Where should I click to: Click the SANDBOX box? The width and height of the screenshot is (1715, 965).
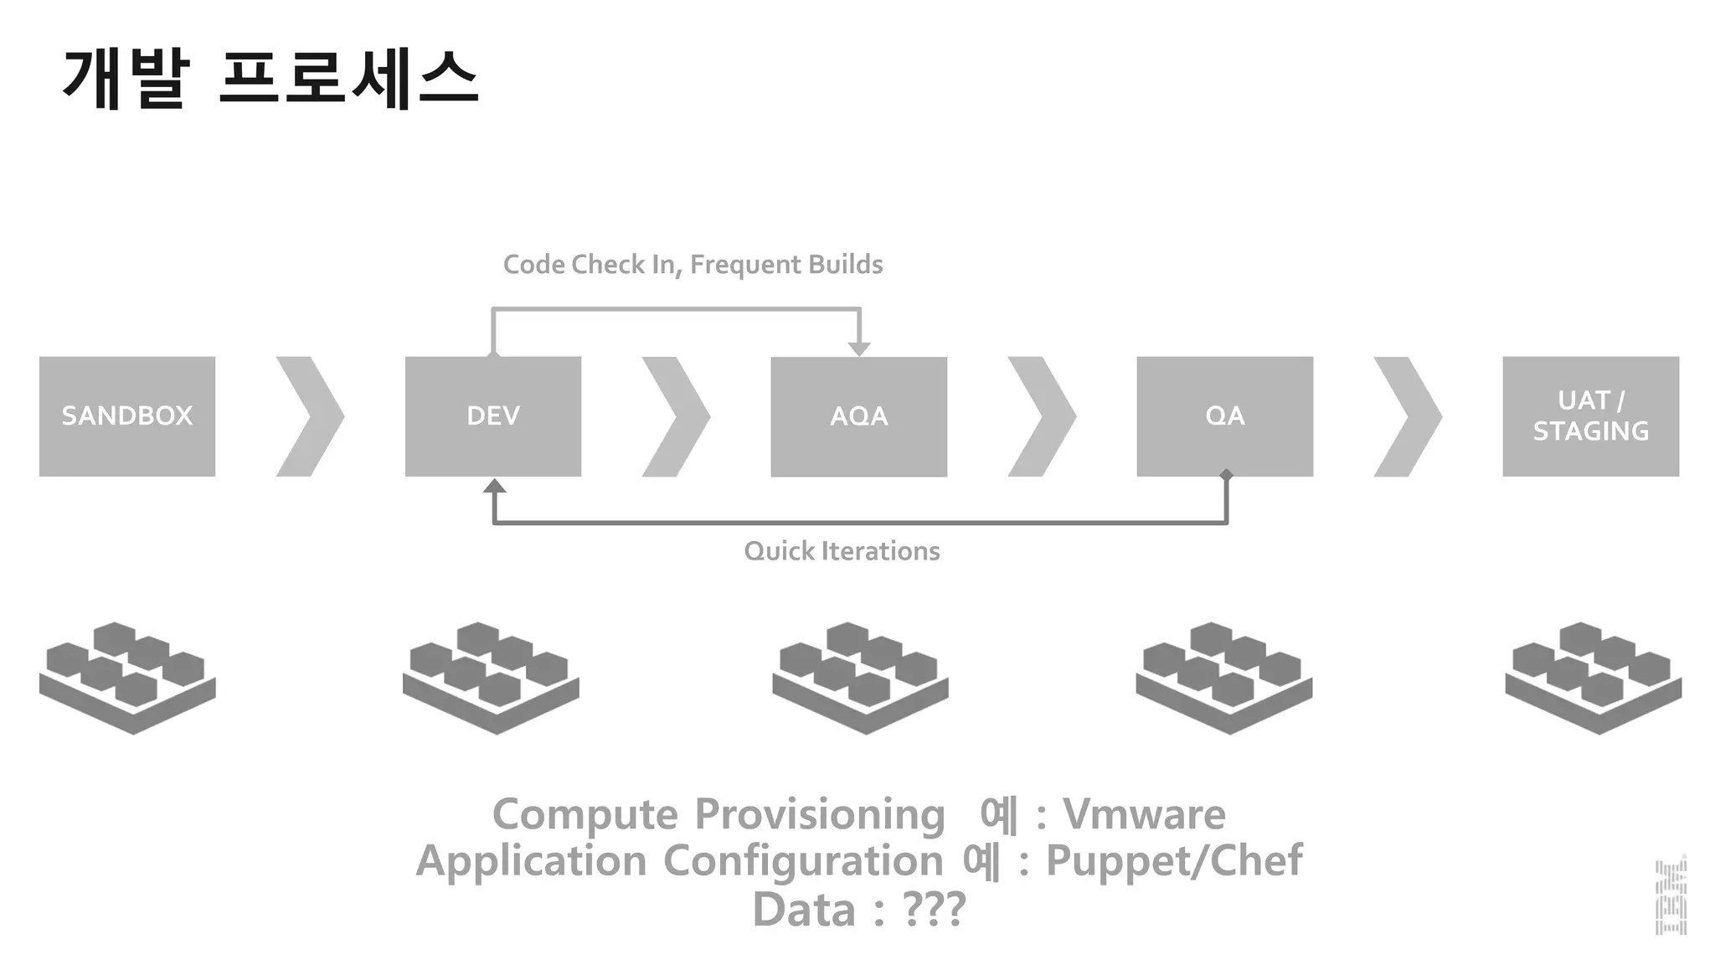pos(127,416)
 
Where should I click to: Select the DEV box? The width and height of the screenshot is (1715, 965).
pos(493,416)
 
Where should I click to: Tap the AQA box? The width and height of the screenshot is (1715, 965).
pos(859,416)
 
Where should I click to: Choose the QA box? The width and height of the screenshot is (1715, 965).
pos(1224,416)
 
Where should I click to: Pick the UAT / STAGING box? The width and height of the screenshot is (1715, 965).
pos(1590,416)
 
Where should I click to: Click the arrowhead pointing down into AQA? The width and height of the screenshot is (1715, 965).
pos(859,349)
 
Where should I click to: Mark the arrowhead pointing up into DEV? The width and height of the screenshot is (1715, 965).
pos(494,486)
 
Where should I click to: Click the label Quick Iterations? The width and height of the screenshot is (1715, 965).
pos(842,551)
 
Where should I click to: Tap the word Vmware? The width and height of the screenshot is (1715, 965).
pos(1144,814)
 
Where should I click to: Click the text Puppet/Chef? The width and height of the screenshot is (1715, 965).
pos(1174,860)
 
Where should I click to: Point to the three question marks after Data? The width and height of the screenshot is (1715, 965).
pos(934,909)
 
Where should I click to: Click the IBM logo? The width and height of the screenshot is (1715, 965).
pos(1671,896)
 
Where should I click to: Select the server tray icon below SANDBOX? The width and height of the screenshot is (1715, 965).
pos(127,679)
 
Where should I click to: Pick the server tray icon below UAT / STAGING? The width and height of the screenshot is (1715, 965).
pos(1593,679)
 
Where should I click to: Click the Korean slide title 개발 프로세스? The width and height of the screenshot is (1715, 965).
pos(270,79)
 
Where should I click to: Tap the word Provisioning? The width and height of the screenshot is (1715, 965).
pos(820,814)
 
